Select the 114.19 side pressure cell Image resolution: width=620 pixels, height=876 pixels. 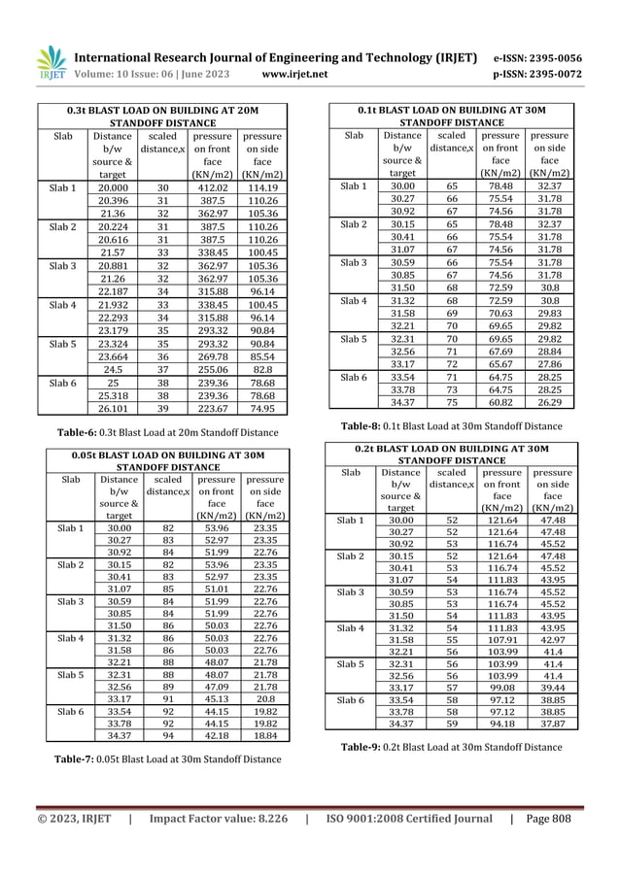click(260, 187)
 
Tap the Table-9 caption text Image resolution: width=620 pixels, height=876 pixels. click(451, 748)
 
